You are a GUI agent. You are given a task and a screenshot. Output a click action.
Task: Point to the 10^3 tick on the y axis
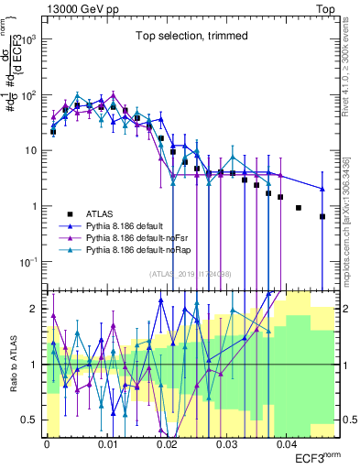[x=34, y=40]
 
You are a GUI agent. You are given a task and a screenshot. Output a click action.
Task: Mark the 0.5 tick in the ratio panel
[x=34, y=420]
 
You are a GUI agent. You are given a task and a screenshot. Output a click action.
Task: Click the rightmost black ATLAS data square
[x=322, y=217]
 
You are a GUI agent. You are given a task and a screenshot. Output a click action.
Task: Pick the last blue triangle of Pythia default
[x=322, y=189]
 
